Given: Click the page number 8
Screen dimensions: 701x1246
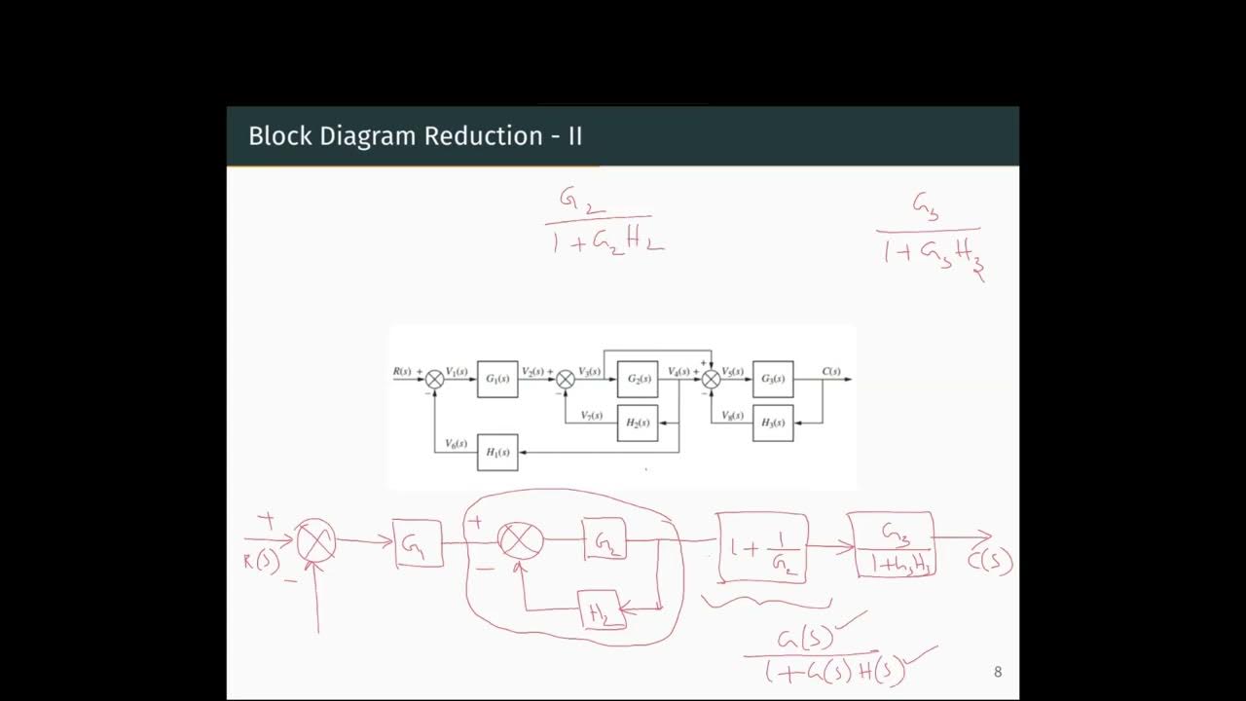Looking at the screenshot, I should click(997, 672).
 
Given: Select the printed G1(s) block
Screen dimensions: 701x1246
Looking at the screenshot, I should click(497, 379).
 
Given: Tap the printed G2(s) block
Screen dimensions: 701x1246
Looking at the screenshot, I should click(638, 379).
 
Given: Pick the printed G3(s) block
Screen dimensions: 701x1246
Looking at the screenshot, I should click(773, 379).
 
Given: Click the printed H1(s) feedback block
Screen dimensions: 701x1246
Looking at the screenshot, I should click(497, 453).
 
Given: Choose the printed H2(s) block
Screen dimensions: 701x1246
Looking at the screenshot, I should click(638, 423).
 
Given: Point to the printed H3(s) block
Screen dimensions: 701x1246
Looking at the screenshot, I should click(773, 423).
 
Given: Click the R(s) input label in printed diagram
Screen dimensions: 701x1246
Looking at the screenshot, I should click(403, 371).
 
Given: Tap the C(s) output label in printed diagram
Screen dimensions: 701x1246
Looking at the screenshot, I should click(830, 371).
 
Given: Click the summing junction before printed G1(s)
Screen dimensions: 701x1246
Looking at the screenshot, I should click(435, 380).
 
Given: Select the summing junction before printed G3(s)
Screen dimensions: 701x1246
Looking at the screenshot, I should click(712, 380).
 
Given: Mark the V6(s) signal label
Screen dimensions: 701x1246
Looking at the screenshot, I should click(457, 444).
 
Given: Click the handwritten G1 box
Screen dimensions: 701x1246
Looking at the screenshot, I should click(418, 544).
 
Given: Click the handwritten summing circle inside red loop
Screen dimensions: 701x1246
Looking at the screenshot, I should click(520, 539).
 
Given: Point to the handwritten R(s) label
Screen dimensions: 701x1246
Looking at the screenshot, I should click(262, 562).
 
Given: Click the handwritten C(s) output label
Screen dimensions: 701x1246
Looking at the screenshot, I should click(990, 562).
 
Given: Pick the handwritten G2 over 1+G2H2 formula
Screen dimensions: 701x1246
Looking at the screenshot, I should click(604, 221).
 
